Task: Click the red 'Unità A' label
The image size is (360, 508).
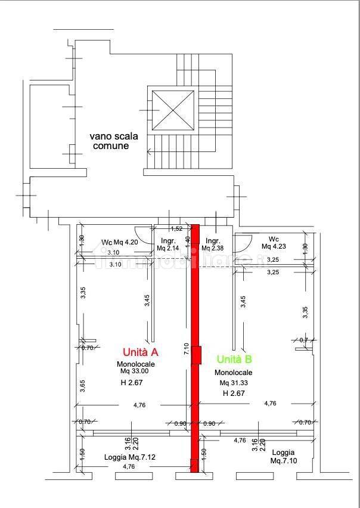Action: click(x=140, y=352)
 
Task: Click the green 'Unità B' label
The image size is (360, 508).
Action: click(x=234, y=359)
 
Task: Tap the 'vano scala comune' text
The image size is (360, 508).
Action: click(x=114, y=140)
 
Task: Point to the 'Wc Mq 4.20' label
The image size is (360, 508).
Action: click(x=119, y=242)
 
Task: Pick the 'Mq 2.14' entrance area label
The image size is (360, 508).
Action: click(x=168, y=248)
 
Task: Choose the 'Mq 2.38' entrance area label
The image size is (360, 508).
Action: click(x=213, y=248)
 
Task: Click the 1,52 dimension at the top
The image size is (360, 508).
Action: click(x=176, y=228)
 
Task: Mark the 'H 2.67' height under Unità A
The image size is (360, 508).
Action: click(x=132, y=382)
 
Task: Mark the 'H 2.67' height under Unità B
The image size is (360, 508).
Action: click(x=234, y=394)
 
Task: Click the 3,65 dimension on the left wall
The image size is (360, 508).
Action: click(x=82, y=386)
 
